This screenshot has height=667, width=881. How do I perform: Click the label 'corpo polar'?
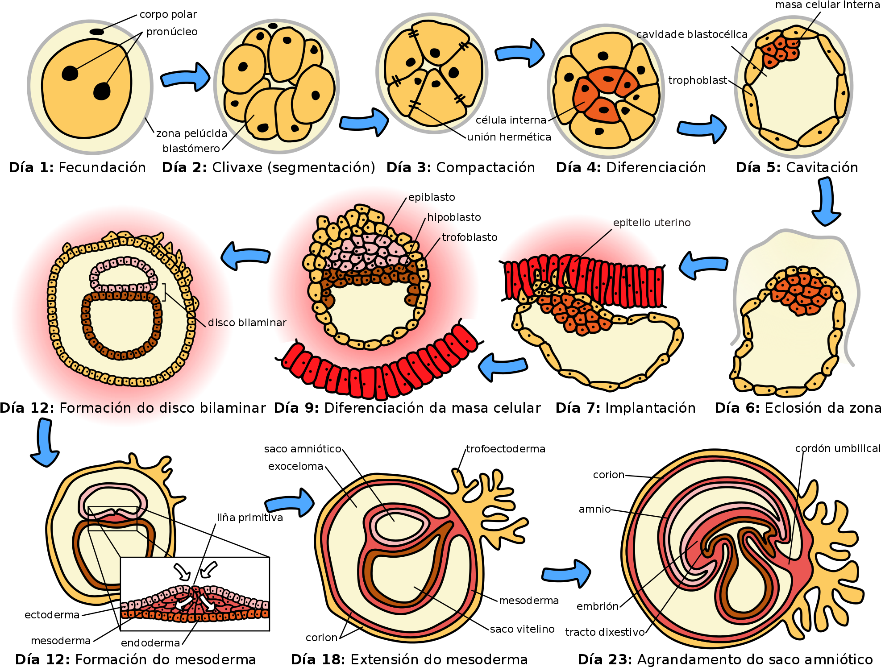tap(168, 15)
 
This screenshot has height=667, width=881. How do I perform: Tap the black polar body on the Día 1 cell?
tap(97, 32)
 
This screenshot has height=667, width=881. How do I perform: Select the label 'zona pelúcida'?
tap(191, 133)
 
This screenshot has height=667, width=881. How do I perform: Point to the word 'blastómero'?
tap(191, 149)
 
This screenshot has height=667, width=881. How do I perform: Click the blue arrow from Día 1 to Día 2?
tap(185, 77)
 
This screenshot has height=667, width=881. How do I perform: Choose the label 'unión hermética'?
tap(509, 137)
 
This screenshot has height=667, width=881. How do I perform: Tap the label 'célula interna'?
tap(511, 120)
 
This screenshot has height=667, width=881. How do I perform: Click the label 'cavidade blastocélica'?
tap(692, 34)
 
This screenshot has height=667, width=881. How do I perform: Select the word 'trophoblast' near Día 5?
tap(698, 80)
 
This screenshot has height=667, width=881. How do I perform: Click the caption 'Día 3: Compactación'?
tap(461, 168)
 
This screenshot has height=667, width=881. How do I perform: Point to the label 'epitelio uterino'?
tap(652, 223)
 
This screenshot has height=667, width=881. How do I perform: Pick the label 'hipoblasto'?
tap(454, 217)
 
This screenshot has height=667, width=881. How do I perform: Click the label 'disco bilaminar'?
tap(247, 323)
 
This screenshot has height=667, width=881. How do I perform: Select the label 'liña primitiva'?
tap(250, 518)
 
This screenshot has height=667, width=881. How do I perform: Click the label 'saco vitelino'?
tap(522, 629)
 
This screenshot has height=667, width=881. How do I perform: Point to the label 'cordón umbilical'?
tap(838, 448)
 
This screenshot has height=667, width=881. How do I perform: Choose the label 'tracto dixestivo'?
tap(605, 632)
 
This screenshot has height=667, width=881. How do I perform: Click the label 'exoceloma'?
tap(295, 466)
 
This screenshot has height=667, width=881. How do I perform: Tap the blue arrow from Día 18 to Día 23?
tap(566, 573)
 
